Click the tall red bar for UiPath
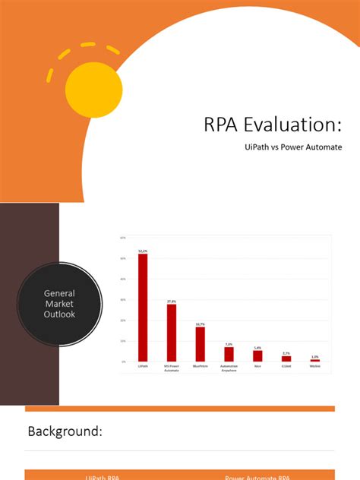coord(143,307)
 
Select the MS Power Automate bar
coord(172,332)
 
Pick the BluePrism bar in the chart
coord(201,344)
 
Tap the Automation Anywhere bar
coord(229,354)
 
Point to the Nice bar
coord(257,355)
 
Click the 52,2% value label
coord(143,250)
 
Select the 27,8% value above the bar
coord(172,302)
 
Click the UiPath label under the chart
coord(143,366)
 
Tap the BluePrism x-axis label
coord(201,366)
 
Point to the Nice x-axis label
coord(257,366)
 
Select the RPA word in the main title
coord(221,125)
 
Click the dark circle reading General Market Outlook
coord(59,304)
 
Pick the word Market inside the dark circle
coord(59,304)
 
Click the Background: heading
coord(65,431)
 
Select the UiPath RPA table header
coord(103,477)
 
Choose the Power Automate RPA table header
coord(256,477)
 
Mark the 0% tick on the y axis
coord(123,362)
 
